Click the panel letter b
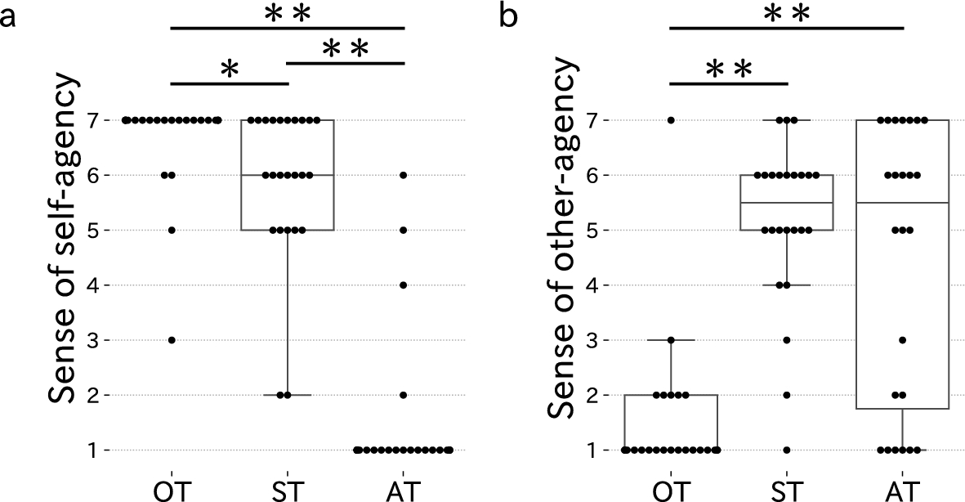[508, 16]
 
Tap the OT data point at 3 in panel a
[172, 340]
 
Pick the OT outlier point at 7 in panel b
[671, 120]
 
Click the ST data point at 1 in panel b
[787, 450]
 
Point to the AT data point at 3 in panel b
[903, 340]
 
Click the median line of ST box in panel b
[787, 203]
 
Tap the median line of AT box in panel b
[903, 203]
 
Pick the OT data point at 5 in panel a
[172, 231]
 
